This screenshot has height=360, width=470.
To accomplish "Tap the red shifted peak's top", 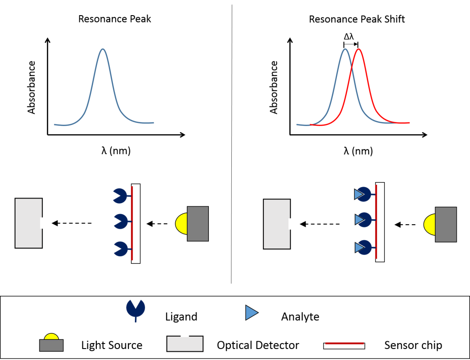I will click(358, 50).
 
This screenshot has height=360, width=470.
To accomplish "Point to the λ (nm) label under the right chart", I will click(358, 150).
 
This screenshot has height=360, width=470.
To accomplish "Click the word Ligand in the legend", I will click(181, 316).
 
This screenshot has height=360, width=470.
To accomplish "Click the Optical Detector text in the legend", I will click(258, 345).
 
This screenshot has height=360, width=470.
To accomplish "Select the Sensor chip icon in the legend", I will click(344, 345).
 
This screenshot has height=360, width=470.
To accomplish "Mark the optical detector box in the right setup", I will click(276, 224).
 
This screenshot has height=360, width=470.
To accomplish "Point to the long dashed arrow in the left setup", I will click(72, 223).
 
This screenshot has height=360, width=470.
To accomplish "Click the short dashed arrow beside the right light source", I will click(405, 225).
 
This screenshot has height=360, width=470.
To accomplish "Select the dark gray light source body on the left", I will click(198, 223).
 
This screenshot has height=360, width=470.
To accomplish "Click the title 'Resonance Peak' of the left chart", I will click(115, 19).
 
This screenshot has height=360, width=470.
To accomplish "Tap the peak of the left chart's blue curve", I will click(103, 49).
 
